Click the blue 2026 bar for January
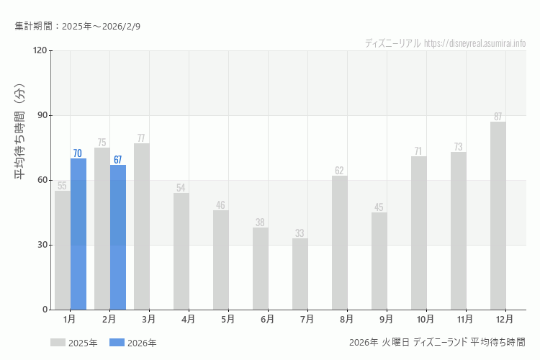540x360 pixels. [78, 234]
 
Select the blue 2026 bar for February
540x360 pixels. [118, 237]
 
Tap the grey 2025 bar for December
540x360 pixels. [498, 216]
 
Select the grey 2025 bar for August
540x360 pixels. [340, 243]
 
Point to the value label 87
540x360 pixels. [498, 117]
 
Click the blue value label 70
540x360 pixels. [78, 153]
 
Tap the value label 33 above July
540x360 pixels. [300, 233]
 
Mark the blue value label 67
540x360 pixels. [118, 160]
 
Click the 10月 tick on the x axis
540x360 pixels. [426, 318]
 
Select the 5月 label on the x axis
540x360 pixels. [228, 318]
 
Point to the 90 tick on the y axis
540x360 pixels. [41, 115]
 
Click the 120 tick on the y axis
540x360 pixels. [39, 50]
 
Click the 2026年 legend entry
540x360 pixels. [133, 343]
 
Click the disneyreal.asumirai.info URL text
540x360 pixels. [475, 43]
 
